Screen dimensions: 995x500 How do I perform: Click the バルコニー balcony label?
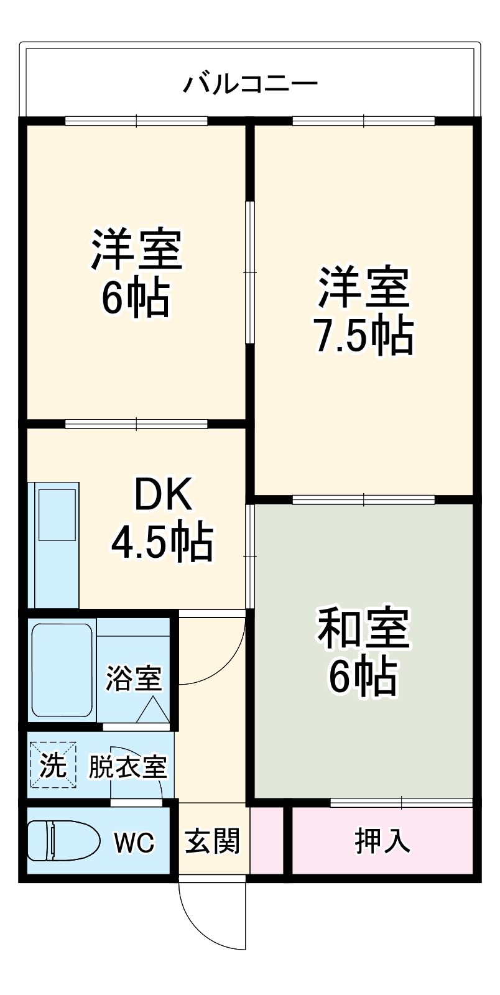point(250,83)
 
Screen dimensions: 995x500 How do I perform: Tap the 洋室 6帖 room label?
point(136,274)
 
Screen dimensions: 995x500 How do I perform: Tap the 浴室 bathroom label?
point(134,678)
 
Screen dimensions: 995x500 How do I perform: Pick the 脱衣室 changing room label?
point(127,767)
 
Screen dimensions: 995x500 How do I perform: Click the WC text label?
point(133,843)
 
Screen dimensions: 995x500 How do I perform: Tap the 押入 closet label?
point(382,841)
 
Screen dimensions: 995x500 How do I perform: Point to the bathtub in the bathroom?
point(62,670)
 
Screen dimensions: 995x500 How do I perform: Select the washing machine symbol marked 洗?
point(53,765)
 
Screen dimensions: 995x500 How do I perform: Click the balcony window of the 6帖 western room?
point(136,121)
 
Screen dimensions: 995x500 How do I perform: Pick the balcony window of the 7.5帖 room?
point(363,121)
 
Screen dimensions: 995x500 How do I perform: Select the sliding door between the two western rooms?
point(249,272)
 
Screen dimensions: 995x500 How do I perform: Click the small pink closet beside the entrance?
point(267,841)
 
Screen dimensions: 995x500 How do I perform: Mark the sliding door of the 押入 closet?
point(401,803)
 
